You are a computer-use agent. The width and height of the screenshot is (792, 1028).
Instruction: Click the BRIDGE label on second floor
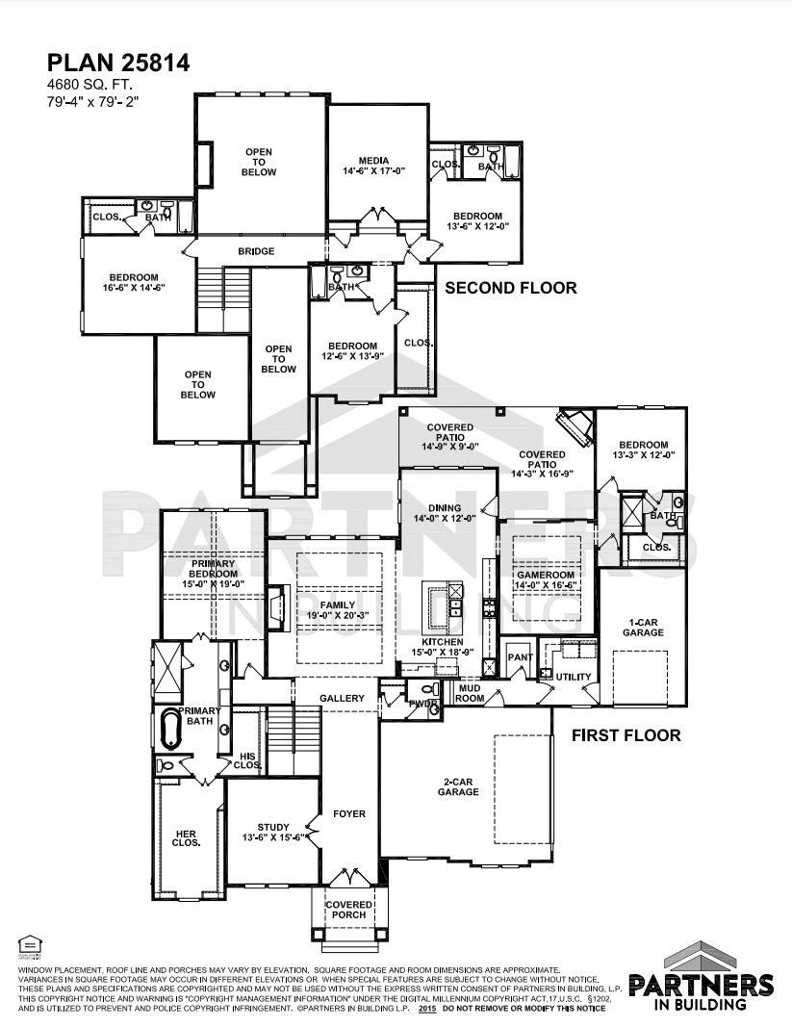(257, 251)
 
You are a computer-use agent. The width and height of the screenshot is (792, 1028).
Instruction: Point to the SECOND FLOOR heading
(510, 288)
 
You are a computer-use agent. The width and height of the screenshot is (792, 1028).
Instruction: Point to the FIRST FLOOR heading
(626, 735)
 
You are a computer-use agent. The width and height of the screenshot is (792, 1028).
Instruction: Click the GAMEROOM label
(545, 578)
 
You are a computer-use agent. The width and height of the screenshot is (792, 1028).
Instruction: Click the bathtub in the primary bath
(172, 730)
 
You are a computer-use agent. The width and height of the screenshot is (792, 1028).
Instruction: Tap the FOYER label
(348, 814)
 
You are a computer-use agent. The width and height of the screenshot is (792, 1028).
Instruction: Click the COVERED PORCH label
(347, 910)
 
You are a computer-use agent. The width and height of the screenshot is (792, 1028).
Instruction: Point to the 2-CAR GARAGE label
(458, 785)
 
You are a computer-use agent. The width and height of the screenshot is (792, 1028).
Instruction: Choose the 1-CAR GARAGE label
(643, 627)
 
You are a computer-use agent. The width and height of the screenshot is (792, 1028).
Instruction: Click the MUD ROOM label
(469, 693)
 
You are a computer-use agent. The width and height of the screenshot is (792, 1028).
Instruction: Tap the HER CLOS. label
(187, 837)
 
